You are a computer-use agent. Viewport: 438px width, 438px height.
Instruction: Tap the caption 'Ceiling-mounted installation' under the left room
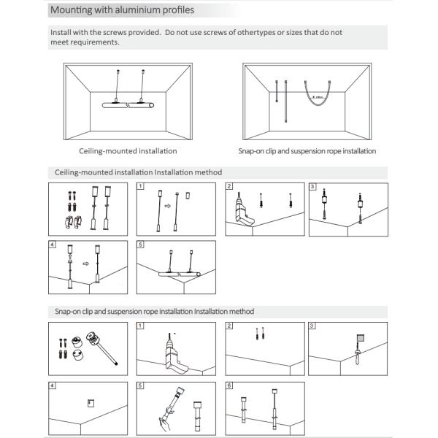click(x=128, y=151)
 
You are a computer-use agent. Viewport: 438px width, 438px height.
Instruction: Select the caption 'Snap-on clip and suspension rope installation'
click(x=307, y=151)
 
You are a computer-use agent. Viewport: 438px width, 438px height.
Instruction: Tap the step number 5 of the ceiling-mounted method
click(x=141, y=243)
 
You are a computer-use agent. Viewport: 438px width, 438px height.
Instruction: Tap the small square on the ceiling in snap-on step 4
click(x=91, y=401)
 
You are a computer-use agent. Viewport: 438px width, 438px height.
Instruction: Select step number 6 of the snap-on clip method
click(x=229, y=385)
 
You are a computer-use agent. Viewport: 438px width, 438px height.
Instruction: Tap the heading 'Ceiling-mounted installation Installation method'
click(x=139, y=172)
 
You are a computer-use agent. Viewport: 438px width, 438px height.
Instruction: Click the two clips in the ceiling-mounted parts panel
click(x=67, y=222)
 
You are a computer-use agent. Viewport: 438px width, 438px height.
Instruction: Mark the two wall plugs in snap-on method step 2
click(x=258, y=335)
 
